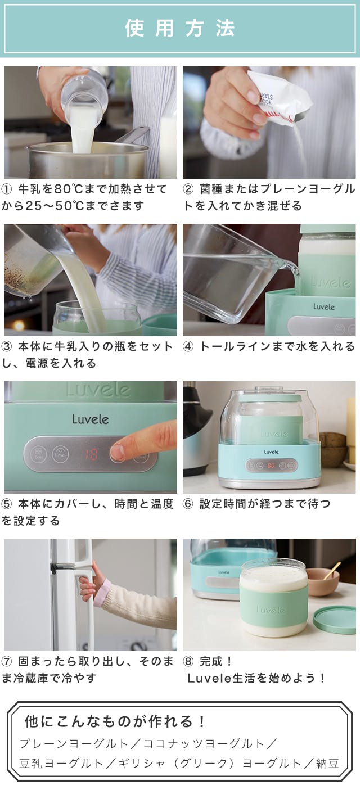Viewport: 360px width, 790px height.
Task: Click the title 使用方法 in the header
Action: click(179, 28)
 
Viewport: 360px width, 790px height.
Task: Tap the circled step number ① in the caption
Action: click(7, 189)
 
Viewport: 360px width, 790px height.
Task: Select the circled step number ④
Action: click(188, 347)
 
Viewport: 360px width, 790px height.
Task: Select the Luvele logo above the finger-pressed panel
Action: click(91, 419)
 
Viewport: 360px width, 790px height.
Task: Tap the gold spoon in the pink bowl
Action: click(332, 571)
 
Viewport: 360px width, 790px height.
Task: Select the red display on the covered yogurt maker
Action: click(271, 465)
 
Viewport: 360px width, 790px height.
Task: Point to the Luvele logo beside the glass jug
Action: click(323, 306)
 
